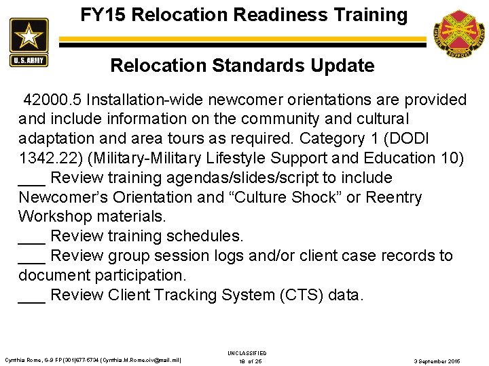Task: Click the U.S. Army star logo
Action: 29,42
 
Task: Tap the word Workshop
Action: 54,217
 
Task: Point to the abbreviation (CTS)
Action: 301,296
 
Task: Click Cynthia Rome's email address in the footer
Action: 141,361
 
